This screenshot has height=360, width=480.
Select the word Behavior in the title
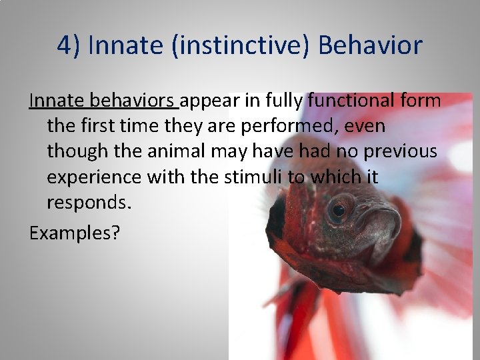(370, 46)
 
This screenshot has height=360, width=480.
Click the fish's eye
(339, 210)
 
